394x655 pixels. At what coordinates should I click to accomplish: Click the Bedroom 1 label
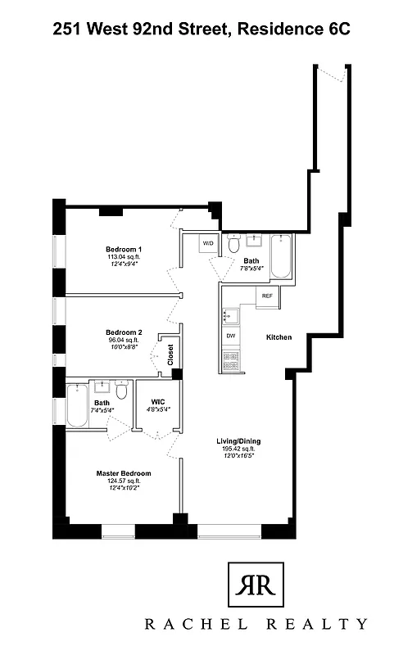coord(124,249)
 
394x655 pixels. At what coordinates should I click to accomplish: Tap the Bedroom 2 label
coord(124,332)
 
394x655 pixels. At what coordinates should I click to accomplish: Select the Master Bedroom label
coord(124,473)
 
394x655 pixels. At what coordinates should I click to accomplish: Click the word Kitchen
coord(279,337)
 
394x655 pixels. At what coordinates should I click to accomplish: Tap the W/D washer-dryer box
coord(208,244)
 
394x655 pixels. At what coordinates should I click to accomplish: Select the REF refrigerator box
coord(267,296)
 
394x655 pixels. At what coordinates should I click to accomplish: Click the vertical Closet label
coord(171,355)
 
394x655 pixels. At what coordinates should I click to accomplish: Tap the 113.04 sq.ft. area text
coord(124,256)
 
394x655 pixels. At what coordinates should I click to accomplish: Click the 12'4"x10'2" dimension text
coord(124,488)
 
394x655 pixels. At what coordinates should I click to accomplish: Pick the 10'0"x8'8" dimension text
coord(124,346)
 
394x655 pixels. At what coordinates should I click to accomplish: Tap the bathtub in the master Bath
coord(76,405)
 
